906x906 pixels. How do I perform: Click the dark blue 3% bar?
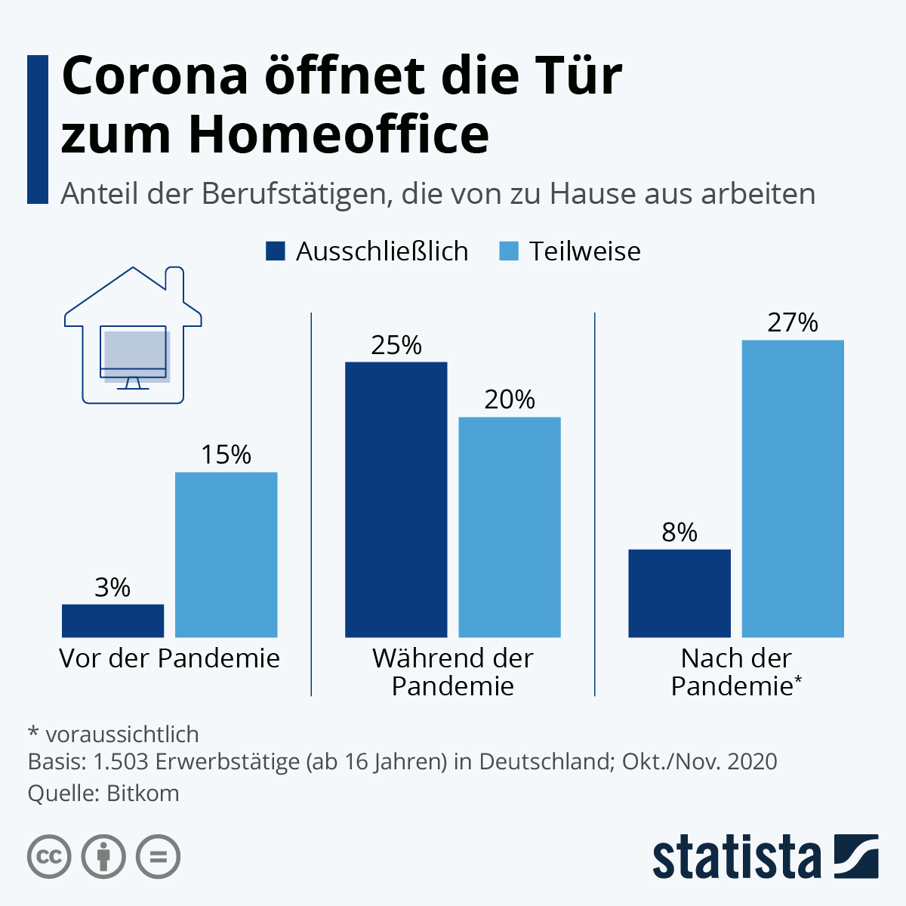[112, 620]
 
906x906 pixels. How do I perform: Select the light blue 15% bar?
[226, 554]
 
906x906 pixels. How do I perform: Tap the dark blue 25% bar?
[396, 499]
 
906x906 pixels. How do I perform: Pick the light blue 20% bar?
[510, 526]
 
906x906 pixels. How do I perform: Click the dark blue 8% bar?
[679, 593]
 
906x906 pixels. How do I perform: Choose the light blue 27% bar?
[793, 488]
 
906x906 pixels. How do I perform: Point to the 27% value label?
[793, 323]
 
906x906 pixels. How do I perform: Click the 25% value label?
[396, 346]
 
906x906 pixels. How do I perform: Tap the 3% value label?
[112, 587]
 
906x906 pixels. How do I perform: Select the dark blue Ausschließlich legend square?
[276, 251]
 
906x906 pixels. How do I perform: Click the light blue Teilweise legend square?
[509, 251]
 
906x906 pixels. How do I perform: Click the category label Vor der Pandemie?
[169, 658]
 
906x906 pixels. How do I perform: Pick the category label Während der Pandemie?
[452, 672]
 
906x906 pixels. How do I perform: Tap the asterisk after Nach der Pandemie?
[798, 681]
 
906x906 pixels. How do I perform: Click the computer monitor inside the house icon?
[134, 353]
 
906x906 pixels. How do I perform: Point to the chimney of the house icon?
[174, 279]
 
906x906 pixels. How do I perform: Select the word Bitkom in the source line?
[143, 794]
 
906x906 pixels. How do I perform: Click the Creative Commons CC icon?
[49, 857]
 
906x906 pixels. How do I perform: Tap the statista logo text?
[736, 857]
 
